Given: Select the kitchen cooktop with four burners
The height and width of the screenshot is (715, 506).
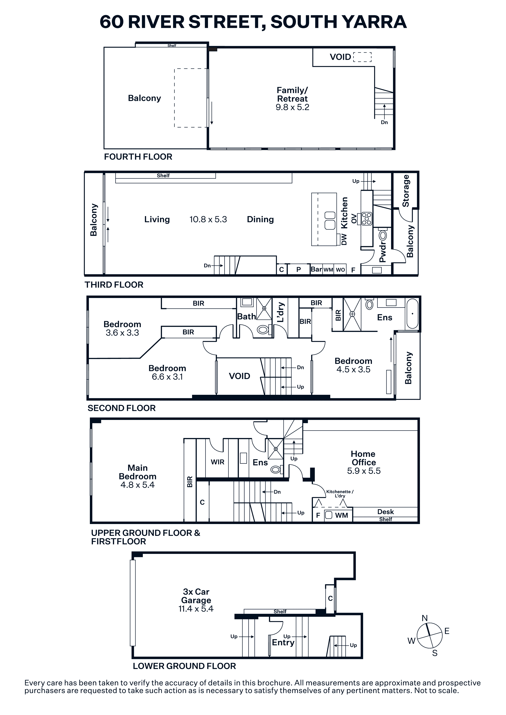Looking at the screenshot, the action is point(367,219).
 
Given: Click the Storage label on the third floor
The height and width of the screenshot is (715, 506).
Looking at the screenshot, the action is point(406,191).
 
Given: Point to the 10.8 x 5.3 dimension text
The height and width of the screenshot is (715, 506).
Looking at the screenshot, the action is point(208,219).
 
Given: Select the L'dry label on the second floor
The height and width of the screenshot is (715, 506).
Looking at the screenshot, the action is point(281,312).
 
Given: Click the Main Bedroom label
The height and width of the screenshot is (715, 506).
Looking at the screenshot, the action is point(138,472).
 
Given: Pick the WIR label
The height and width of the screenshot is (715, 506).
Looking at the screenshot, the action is point(217,462).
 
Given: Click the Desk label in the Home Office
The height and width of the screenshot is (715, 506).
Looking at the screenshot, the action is point(385,512).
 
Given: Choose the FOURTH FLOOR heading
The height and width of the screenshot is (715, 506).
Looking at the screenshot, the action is point(138,157).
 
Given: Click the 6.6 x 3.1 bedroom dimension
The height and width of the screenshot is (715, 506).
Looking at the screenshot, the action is point(167,377).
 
